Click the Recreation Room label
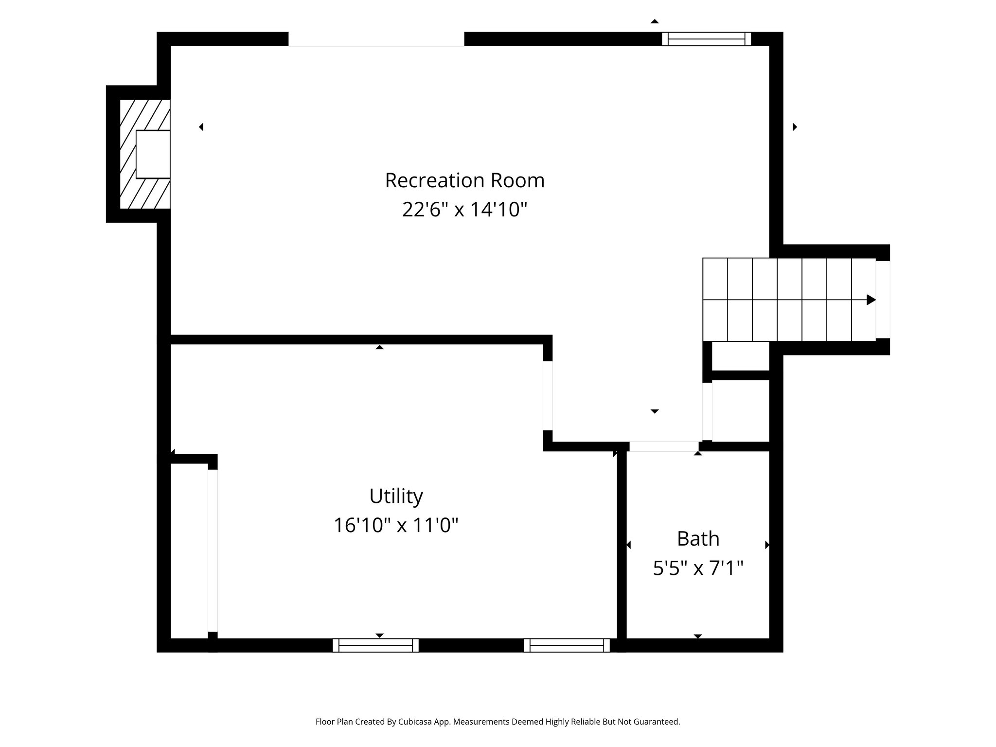464,180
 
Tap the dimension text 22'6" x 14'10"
464,210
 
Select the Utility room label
396,496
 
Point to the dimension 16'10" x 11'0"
396,525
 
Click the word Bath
698,538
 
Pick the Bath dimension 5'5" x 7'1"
698,568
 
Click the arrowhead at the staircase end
871,300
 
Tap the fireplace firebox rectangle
153,154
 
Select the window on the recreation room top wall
706,39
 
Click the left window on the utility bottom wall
375,645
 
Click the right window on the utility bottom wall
567,645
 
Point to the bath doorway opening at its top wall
664,446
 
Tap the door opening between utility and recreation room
548,395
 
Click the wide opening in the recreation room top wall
376,39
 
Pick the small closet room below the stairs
741,410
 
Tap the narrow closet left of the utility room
189,550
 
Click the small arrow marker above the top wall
655,21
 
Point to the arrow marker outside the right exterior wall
795,127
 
